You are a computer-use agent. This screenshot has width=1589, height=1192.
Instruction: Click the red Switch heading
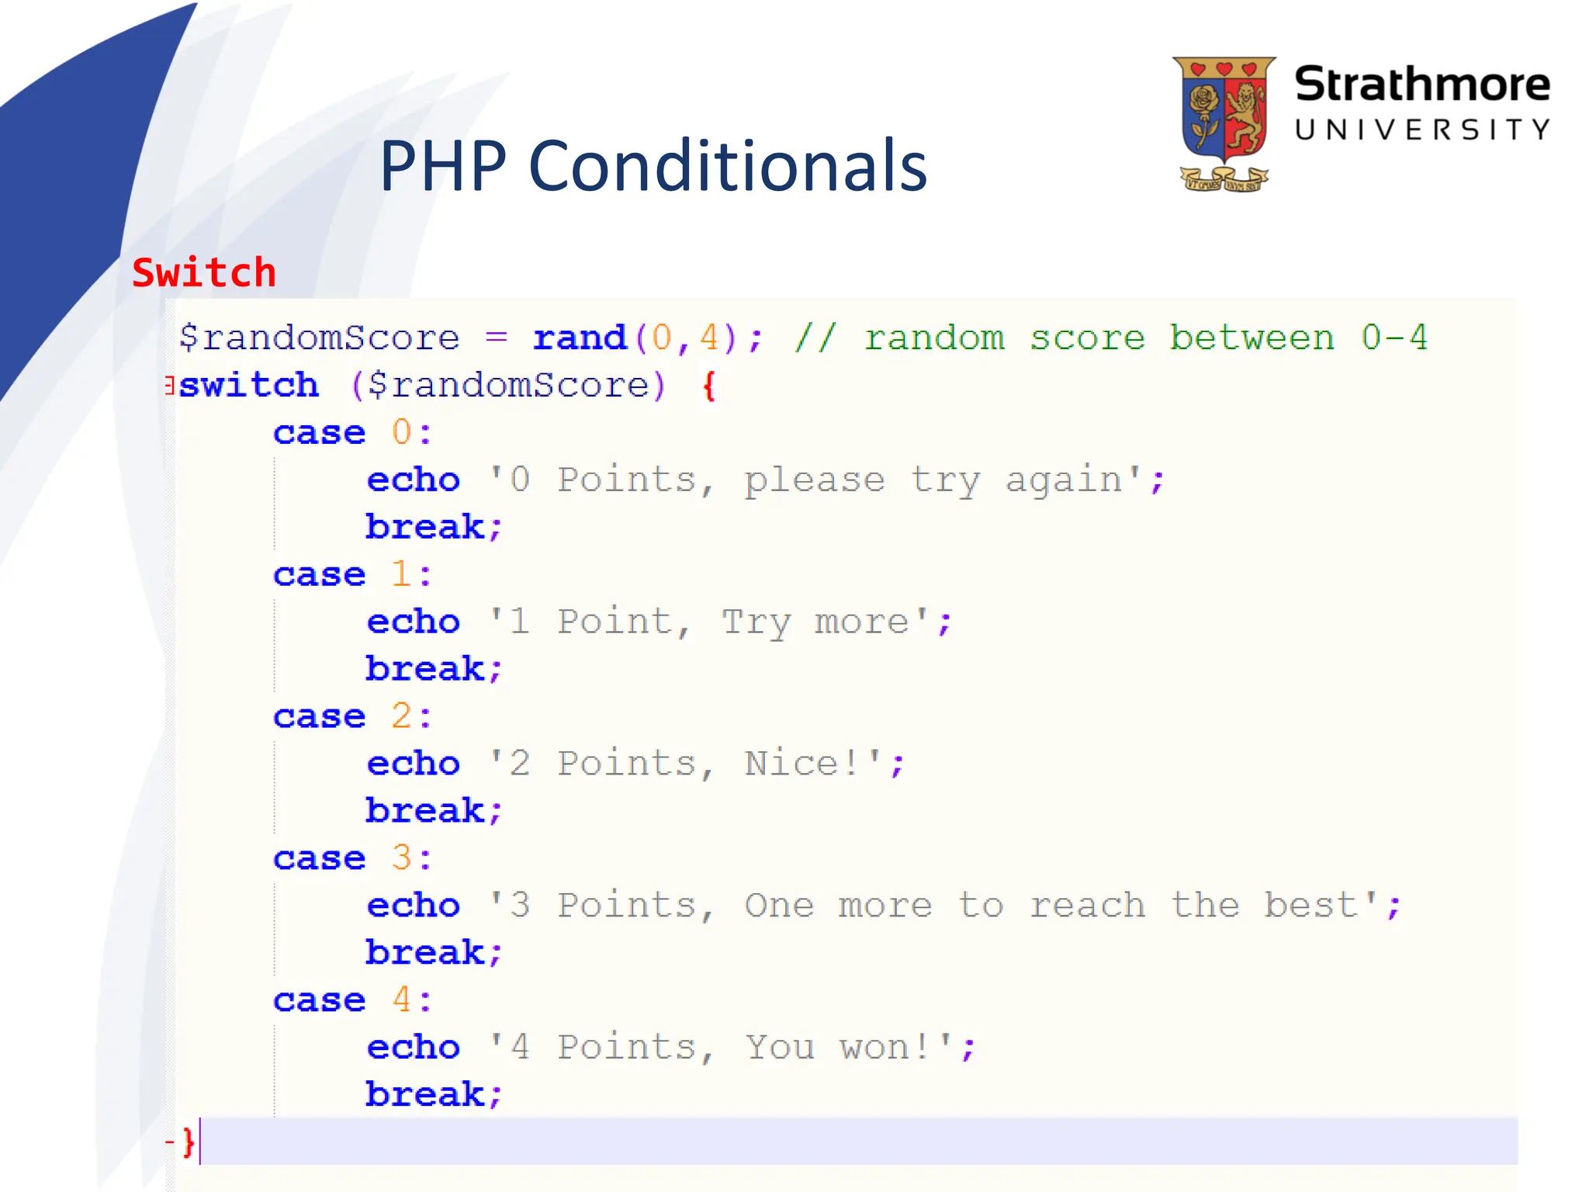(204, 273)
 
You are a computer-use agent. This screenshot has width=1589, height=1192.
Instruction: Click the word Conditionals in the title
(727, 166)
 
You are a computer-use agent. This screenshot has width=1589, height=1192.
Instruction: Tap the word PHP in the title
(442, 166)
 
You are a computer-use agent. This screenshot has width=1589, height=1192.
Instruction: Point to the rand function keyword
(579, 338)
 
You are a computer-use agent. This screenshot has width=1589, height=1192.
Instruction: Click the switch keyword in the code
(248, 385)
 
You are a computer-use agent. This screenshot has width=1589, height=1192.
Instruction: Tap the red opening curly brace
(708, 385)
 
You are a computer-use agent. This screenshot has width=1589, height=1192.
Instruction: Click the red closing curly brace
(188, 1142)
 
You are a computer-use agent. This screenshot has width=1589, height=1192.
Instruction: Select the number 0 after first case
(401, 432)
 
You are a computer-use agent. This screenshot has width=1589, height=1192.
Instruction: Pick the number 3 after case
(401, 858)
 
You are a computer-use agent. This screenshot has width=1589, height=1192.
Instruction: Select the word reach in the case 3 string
(1086, 906)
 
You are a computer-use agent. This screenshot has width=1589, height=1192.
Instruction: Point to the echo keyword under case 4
(413, 1048)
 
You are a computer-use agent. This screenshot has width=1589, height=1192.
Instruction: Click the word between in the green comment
(1251, 338)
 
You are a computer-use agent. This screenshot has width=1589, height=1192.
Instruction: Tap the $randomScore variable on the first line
(319, 338)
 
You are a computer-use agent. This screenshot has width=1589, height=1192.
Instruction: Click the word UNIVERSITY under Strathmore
(1421, 130)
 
